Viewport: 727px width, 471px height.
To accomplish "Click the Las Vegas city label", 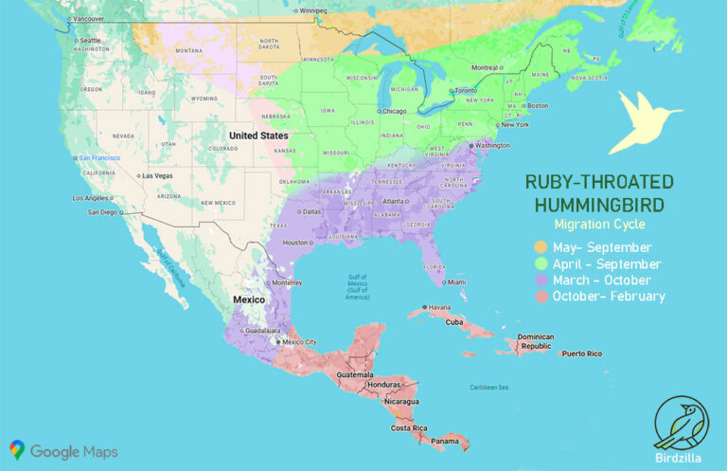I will tap(157, 175).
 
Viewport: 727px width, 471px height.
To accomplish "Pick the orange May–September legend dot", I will tap(541, 248).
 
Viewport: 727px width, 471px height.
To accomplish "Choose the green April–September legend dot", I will tap(541, 264).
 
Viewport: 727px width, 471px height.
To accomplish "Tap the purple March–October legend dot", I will tap(541, 281).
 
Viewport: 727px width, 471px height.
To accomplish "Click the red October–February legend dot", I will tap(541, 297).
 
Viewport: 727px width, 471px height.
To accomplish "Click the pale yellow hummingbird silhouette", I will tap(640, 120).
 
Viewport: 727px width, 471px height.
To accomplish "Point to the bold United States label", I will tap(257, 136).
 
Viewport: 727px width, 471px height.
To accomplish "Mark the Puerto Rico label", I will tap(581, 353).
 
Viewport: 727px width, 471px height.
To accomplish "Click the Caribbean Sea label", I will tap(490, 387).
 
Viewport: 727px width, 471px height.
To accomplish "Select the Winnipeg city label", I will tap(317, 10).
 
